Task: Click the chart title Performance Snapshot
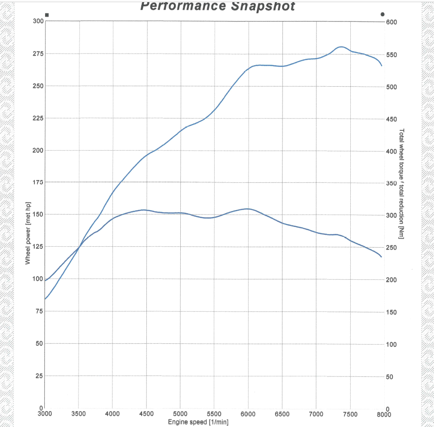tap(218, 6)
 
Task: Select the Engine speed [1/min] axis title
tap(198, 423)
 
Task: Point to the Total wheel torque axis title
tap(401, 184)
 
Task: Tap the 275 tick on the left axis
tap(37, 54)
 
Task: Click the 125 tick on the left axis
tap(37, 247)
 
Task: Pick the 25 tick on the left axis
tap(39, 376)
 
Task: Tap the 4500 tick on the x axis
tap(146, 414)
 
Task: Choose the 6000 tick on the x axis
tap(248, 414)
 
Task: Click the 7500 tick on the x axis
tap(350, 414)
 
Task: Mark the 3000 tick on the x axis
tap(45, 414)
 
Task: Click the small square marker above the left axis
tap(47, 15)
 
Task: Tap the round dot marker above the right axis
tap(382, 14)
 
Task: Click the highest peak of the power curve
tap(341, 47)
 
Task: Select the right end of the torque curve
tap(381, 257)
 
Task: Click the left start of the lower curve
tap(45, 299)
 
